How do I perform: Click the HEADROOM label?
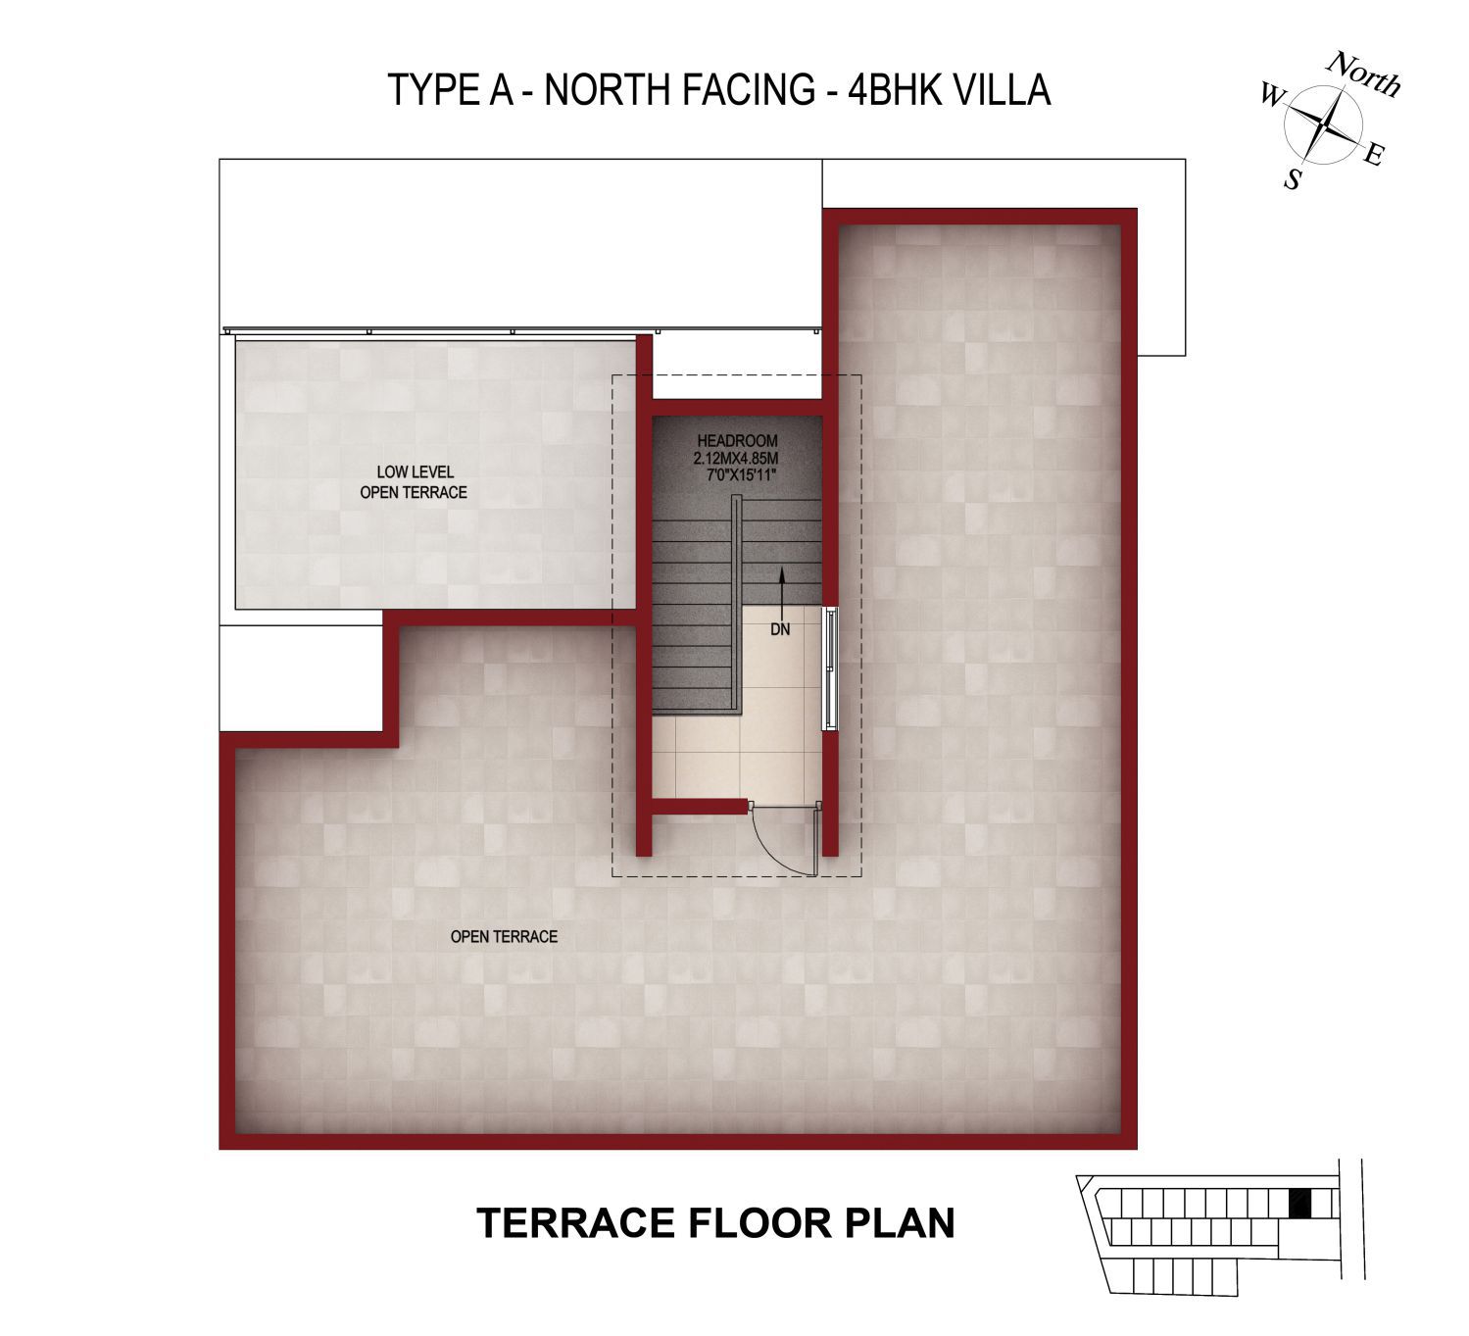tap(737, 441)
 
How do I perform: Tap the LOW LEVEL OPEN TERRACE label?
tap(414, 482)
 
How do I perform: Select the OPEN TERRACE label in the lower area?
tap(504, 937)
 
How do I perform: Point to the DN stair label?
tap(780, 629)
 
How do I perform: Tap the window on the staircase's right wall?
tap(830, 668)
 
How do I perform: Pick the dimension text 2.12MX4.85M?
tap(736, 459)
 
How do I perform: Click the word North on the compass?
tap(1363, 74)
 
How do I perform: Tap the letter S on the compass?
tap(1294, 178)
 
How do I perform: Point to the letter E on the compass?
tap(1374, 155)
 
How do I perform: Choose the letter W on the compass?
tap(1272, 94)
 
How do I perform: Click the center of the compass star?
tap(1323, 124)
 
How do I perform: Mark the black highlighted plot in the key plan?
tap(1299, 1204)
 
